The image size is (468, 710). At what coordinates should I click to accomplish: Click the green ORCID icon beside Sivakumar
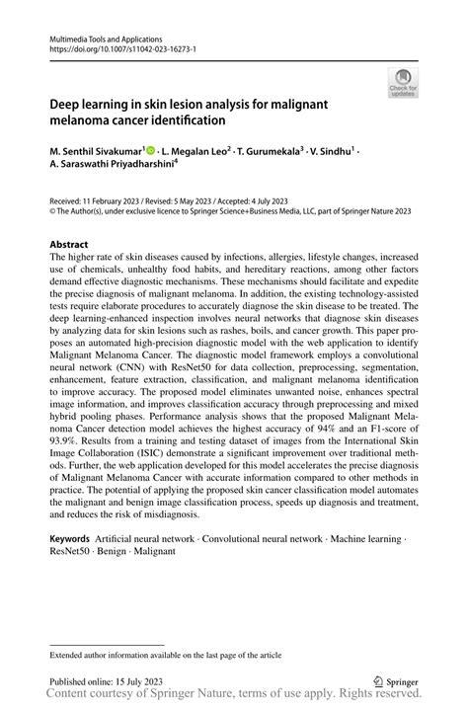pyautogui.click(x=152, y=150)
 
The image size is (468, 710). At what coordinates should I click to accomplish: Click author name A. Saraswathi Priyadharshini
pyautogui.click(x=106, y=166)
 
